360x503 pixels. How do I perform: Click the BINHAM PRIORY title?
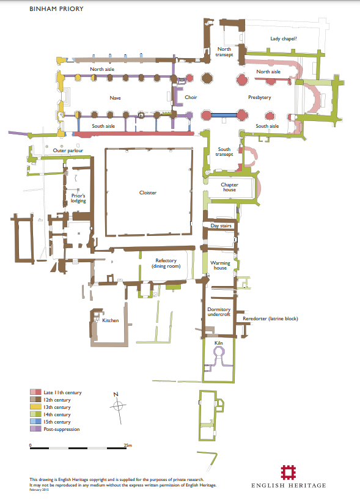56,9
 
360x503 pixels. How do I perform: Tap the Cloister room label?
148,193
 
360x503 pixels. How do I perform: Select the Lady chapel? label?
284,39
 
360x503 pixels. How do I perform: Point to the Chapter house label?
229,187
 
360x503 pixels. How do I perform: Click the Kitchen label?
111,320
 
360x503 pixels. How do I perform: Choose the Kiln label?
218,343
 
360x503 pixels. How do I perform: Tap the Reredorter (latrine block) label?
270,318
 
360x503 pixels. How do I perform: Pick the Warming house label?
220,265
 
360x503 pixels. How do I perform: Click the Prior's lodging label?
78,198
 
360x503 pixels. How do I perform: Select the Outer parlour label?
68,150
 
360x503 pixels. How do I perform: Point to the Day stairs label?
221,226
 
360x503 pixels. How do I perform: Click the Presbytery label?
260,97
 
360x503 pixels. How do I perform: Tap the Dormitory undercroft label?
219,312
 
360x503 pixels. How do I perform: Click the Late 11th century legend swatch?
35,392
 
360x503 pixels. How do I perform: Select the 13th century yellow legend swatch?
35,407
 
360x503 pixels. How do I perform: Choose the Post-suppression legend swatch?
35,429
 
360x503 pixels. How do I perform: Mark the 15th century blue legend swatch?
35,422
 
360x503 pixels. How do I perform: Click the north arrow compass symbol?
118,407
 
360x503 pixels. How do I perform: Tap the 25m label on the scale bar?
128,446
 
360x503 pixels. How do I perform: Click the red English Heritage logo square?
288,472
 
